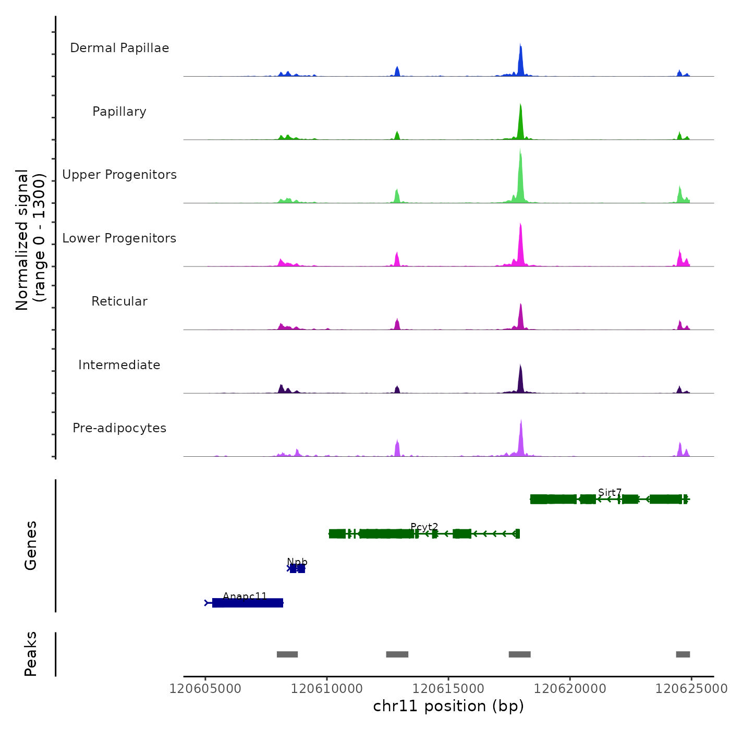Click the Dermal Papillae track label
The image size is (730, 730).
[x=119, y=48]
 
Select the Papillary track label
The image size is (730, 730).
[x=119, y=112]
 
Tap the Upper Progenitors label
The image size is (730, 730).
[x=119, y=175]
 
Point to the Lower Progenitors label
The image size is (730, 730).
[x=119, y=238]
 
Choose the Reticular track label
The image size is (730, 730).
[x=119, y=301]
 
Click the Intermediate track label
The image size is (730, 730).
[x=119, y=365]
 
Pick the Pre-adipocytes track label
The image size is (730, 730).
[x=119, y=428]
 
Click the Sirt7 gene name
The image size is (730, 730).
[x=610, y=492]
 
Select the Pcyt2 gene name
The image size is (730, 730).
[x=424, y=527]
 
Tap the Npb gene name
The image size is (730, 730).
[x=297, y=562]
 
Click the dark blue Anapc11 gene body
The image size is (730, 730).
[x=248, y=603]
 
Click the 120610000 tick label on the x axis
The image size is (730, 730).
[x=327, y=689]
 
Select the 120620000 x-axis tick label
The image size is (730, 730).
[x=570, y=689]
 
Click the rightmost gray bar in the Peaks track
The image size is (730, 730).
[x=683, y=654]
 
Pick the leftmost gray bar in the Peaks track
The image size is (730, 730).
[x=287, y=654]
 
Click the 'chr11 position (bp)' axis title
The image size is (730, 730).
[x=448, y=706]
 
